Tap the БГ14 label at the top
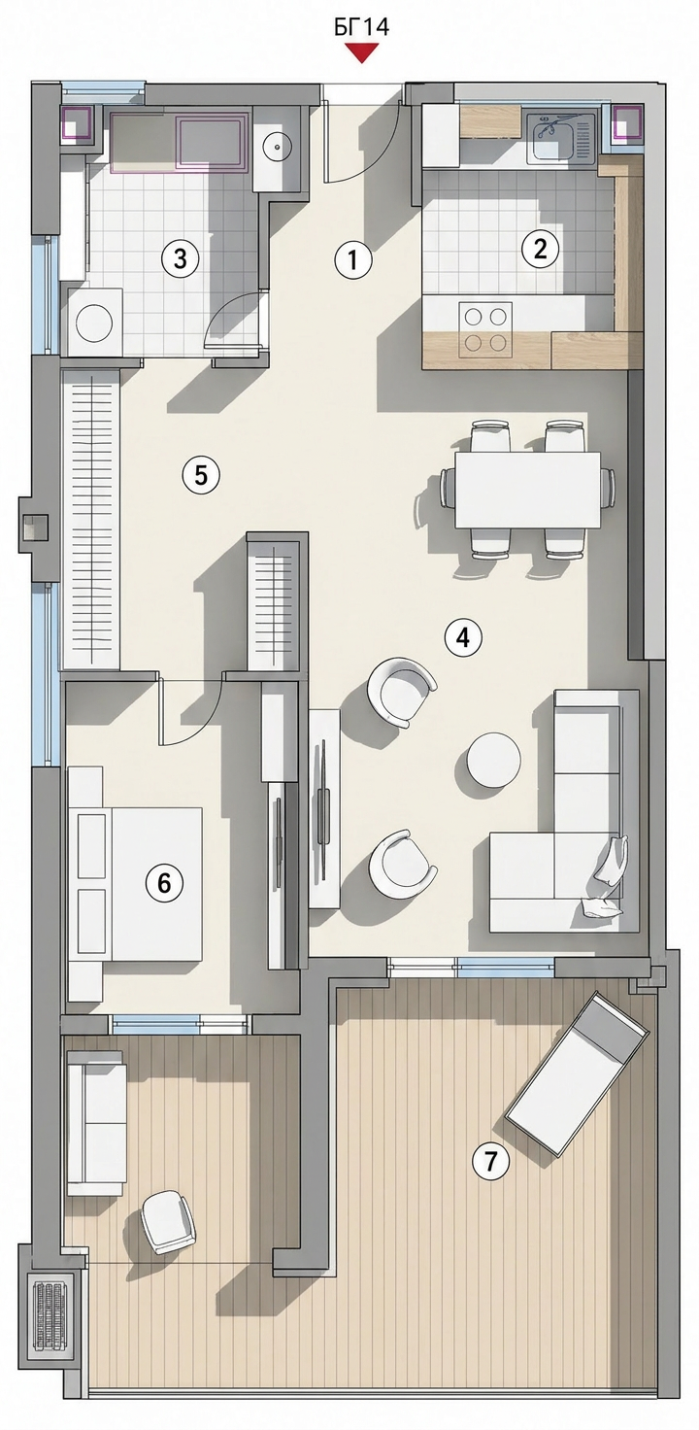click(x=361, y=27)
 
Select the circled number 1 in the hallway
click(x=351, y=260)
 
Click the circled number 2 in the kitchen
click(x=540, y=249)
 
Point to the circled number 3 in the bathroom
click(x=181, y=259)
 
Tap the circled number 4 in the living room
click(x=463, y=637)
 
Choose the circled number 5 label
click(x=201, y=475)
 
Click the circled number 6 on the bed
click(x=164, y=883)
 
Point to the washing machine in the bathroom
click(x=96, y=322)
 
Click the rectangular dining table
click(x=527, y=489)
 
